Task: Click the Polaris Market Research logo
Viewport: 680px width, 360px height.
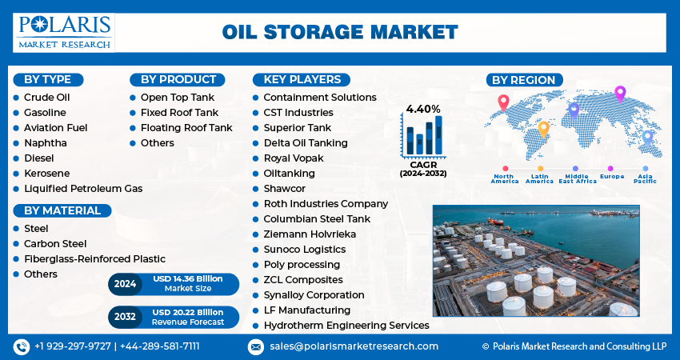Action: pyautogui.click(x=64, y=33)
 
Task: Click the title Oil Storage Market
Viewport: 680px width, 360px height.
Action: pyautogui.click(x=340, y=33)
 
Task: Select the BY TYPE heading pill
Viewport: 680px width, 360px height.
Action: pyautogui.click(x=48, y=80)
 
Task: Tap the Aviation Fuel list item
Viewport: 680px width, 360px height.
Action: pyautogui.click(x=55, y=128)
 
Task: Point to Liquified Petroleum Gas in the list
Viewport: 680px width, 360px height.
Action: pyautogui.click(x=83, y=189)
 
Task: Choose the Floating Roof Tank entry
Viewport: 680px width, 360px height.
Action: pyautogui.click(x=186, y=128)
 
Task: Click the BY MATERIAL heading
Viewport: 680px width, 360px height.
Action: pyautogui.click(x=62, y=210)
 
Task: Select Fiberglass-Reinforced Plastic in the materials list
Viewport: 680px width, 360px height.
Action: pyautogui.click(x=94, y=259)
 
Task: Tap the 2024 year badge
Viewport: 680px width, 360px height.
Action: pyautogui.click(x=125, y=284)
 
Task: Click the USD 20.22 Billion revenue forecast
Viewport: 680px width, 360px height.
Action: pyautogui.click(x=188, y=312)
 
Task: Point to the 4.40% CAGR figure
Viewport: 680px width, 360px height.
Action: pyautogui.click(x=423, y=110)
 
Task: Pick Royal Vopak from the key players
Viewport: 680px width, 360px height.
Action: pyautogui.click(x=294, y=158)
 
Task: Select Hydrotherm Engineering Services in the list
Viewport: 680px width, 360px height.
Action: pyautogui.click(x=346, y=326)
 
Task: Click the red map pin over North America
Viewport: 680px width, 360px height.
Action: pyautogui.click(x=503, y=102)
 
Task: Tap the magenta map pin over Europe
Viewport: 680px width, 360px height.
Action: pyautogui.click(x=620, y=94)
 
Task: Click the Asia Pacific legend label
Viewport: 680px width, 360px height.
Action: pyautogui.click(x=646, y=178)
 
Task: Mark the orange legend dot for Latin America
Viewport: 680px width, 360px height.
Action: pyautogui.click(x=540, y=169)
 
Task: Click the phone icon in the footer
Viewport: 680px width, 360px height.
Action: pyautogui.click(x=22, y=346)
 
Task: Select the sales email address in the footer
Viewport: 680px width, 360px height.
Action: pyautogui.click(x=354, y=346)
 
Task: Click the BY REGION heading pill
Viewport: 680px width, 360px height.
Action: pyautogui.click(x=524, y=80)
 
